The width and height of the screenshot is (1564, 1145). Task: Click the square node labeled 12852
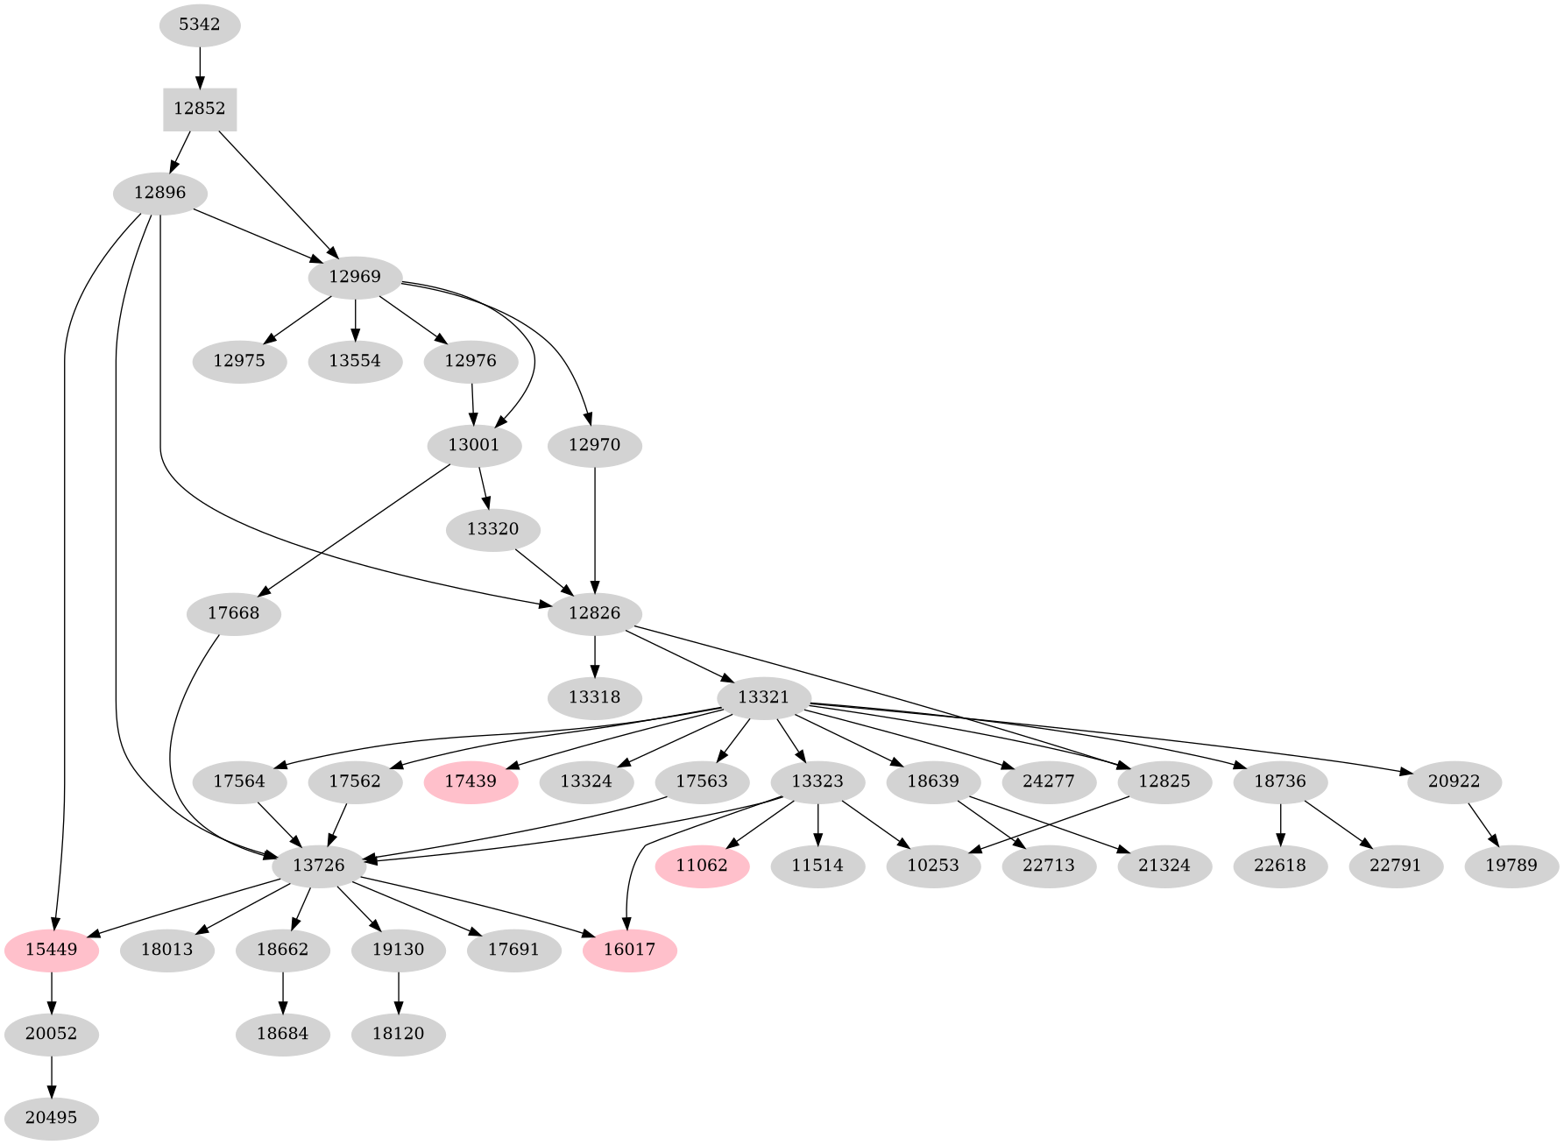coord(200,110)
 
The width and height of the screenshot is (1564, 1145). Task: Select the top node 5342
coord(200,25)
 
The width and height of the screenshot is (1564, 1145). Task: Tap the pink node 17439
coord(471,781)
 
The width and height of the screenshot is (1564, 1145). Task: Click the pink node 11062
coord(702,866)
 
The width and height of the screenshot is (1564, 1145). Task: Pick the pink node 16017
coord(629,950)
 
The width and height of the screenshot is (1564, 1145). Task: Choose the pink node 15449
coord(51,950)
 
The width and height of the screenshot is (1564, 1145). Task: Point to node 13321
coord(763,697)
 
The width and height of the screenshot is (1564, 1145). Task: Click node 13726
coord(318,866)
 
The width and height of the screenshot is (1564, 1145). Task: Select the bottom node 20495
coord(51,1118)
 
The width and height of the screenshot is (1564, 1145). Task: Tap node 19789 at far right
coord(1511,866)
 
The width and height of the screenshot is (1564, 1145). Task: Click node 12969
coord(355,277)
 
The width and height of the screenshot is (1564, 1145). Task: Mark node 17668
coord(234,613)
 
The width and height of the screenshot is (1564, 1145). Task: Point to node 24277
coord(1048,781)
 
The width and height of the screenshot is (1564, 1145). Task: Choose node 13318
coord(595,697)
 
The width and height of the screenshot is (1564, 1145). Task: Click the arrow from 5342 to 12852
coord(200,67)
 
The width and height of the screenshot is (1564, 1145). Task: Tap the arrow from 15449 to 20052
coord(52,992)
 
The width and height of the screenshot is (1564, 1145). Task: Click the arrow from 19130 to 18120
coord(399,992)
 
